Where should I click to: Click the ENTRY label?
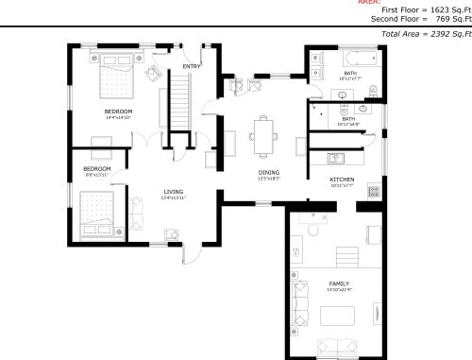(192, 66)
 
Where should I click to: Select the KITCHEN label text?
(342, 179)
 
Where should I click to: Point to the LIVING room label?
(173, 192)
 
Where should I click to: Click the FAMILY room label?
(339, 283)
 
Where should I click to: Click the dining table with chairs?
(265, 133)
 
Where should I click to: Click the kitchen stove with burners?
(374, 191)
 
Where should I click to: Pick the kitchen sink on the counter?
(336, 156)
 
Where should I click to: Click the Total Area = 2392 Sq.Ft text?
(426, 33)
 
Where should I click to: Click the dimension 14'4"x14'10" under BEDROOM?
(118, 118)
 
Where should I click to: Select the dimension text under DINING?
(269, 179)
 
